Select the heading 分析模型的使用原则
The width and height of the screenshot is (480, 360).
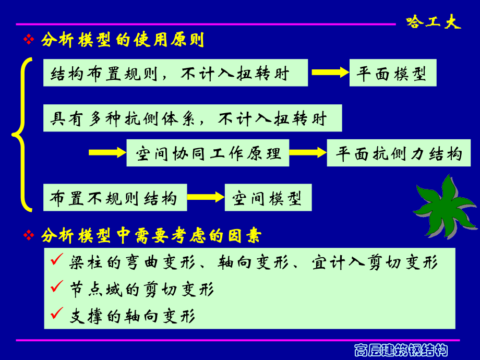(x=122, y=40)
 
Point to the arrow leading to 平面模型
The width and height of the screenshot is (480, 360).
(x=330, y=73)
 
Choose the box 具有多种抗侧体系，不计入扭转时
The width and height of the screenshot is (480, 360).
(x=193, y=118)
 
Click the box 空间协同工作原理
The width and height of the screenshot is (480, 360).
(x=208, y=153)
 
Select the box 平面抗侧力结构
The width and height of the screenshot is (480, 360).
(x=399, y=153)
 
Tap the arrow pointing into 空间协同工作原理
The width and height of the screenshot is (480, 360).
(x=107, y=152)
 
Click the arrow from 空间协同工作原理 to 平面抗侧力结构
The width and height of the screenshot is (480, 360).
(x=308, y=152)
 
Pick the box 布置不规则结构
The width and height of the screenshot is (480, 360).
(x=114, y=198)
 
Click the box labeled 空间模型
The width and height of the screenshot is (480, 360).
(x=268, y=198)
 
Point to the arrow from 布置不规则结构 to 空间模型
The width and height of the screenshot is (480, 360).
(x=205, y=197)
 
